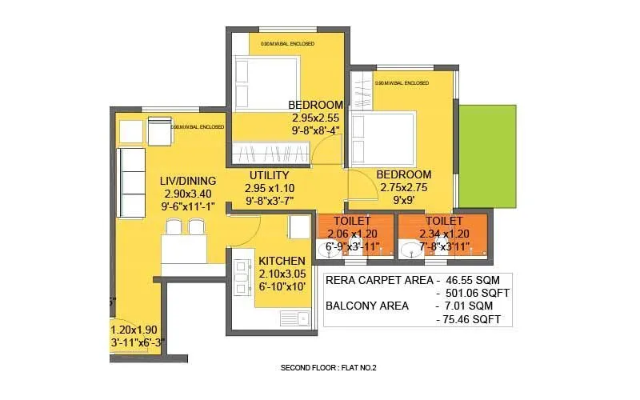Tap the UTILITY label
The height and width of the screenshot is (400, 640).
tap(269, 175)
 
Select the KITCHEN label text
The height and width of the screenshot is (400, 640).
tap(282, 261)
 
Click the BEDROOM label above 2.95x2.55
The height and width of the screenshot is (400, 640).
tap(316, 105)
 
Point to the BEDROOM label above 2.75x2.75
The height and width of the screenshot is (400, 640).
tap(404, 174)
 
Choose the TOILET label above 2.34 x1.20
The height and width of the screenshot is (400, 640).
tap(443, 220)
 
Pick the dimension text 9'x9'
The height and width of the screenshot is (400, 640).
tap(404, 201)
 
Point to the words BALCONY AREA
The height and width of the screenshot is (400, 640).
tap(368, 306)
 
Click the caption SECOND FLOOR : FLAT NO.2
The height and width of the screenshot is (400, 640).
tap(328, 368)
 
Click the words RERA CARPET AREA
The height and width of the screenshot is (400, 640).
tap(377, 281)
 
